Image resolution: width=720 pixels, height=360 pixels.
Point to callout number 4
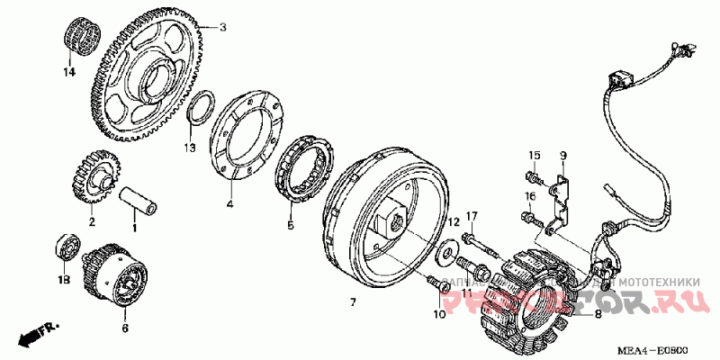coord(229,204)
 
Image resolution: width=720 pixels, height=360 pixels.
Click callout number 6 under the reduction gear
coord(125,328)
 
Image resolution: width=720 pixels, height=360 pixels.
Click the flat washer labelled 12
coord(443,254)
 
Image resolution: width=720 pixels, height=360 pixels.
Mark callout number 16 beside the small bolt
coord(531,196)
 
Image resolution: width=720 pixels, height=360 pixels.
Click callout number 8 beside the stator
coord(596,315)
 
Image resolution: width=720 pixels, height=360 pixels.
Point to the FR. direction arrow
coord(36,334)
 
